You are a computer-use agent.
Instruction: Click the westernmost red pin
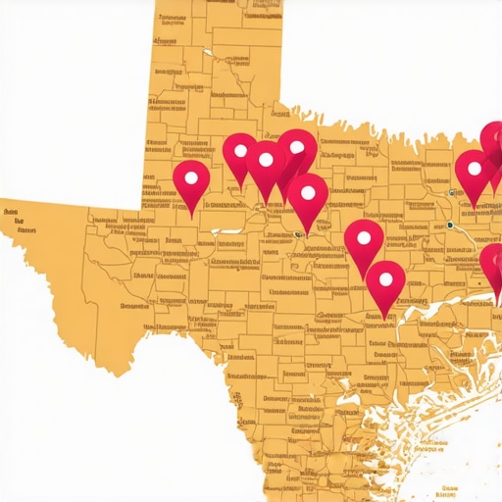point(191,182)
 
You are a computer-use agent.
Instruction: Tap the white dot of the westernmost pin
point(191,177)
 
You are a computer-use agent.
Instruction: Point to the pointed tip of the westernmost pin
point(192,212)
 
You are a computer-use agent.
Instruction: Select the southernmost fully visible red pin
point(386,284)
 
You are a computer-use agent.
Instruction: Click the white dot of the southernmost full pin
point(386,278)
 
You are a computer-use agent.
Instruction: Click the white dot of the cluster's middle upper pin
point(266,159)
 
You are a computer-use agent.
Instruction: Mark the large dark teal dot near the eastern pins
point(449,226)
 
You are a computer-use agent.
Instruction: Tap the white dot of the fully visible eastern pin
point(475,168)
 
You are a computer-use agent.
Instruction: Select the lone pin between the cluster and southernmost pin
point(364,242)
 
